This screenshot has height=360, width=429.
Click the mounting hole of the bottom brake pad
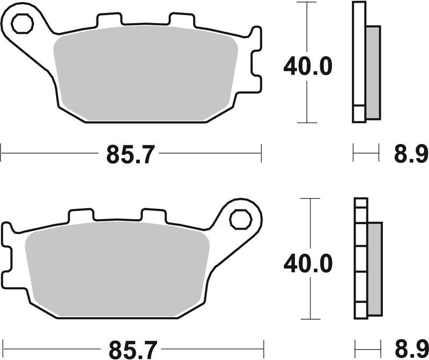point(239,219)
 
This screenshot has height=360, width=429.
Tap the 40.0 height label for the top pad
point(308,66)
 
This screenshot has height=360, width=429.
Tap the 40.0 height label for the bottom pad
point(308,262)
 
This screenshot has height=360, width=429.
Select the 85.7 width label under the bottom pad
point(130,350)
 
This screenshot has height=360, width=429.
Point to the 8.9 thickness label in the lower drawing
point(408,350)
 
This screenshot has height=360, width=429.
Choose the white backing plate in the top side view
point(358,62)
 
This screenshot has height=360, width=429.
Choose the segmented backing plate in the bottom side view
point(361,257)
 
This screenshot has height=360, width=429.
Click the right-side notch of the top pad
point(256,68)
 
